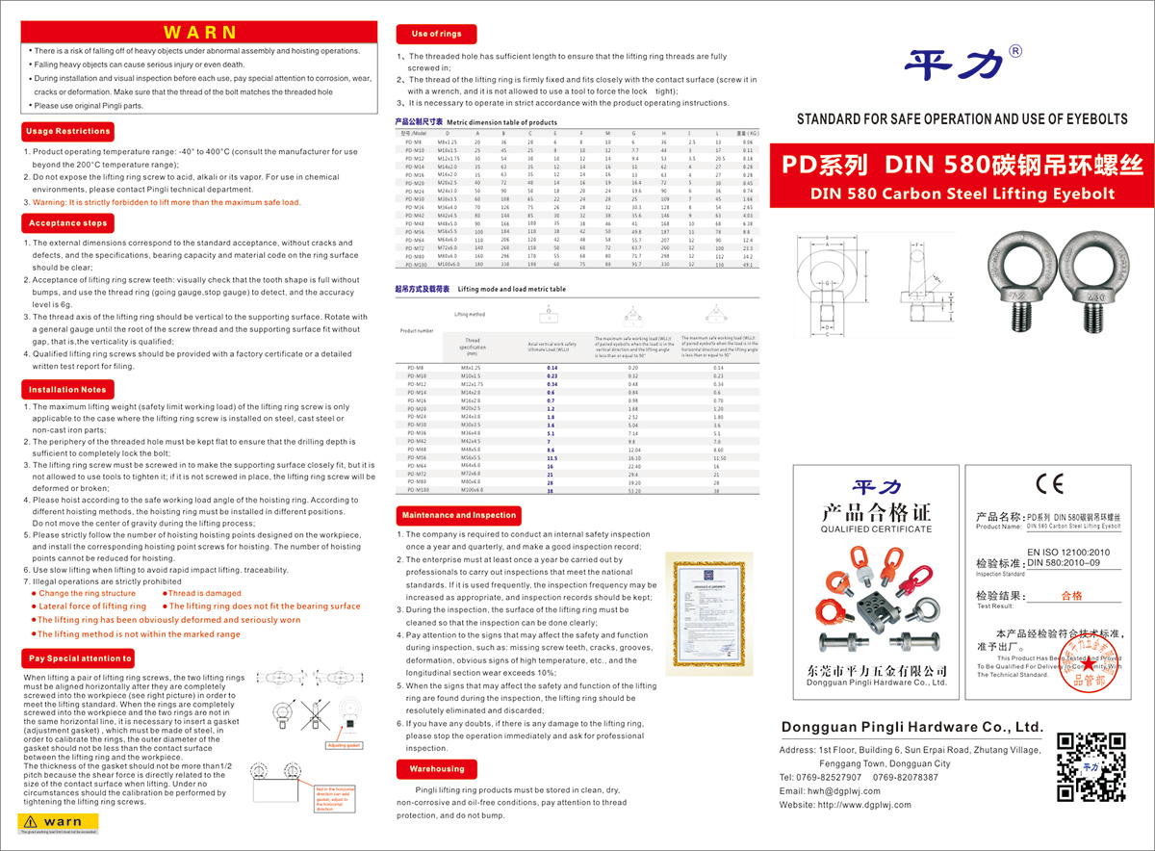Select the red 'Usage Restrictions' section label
click(x=67, y=131)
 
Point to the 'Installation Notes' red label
click(x=67, y=390)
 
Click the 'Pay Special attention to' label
click(x=79, y=658)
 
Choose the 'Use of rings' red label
click(x=436, y=34)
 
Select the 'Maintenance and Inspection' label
click(x=459, y=515)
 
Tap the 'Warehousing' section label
click(x=436, y=769)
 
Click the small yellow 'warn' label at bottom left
click(x=56, y=821)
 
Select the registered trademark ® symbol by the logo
click(x=1014, y=51)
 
